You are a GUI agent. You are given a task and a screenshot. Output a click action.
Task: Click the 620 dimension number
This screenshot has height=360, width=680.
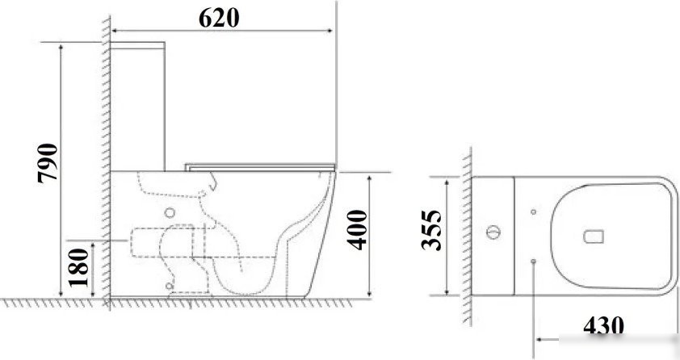coord(219,18)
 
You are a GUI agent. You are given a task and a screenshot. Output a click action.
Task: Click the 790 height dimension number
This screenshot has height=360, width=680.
coord(48,163)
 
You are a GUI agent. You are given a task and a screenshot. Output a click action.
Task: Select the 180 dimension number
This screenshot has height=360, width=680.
coord(78,267)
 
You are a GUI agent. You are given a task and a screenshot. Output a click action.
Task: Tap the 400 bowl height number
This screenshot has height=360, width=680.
coord(357,230)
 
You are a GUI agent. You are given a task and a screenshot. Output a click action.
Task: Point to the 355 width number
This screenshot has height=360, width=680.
coord(431,230)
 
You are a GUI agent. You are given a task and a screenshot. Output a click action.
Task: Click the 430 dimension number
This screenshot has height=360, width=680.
coord(603,326)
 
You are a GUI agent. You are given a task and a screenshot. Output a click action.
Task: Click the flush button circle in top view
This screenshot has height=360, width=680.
coord(493,232)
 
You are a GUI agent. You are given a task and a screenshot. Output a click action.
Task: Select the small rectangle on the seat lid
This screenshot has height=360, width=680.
coord(594,237)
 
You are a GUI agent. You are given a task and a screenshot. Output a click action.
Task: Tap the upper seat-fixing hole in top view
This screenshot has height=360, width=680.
coord(533,211)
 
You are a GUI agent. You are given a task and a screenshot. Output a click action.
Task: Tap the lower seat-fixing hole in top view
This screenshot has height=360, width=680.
coord(533,262)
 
